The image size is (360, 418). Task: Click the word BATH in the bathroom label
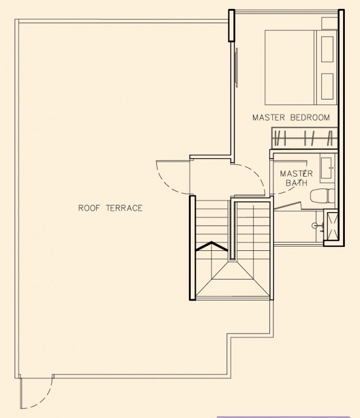(296, 183)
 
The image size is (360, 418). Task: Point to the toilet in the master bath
(322, 195)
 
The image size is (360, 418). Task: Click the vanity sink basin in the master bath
(326, 168)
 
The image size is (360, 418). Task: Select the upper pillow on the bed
(327, 50)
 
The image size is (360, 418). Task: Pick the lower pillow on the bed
(327, 87)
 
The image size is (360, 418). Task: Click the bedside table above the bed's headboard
(330, 24)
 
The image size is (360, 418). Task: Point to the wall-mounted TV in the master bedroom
(236, 67)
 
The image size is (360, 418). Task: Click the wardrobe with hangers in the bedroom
(304, 138)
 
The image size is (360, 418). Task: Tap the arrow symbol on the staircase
(212, 246)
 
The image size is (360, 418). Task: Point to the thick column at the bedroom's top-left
(232, 25)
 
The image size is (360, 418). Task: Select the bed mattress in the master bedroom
(290, 67)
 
